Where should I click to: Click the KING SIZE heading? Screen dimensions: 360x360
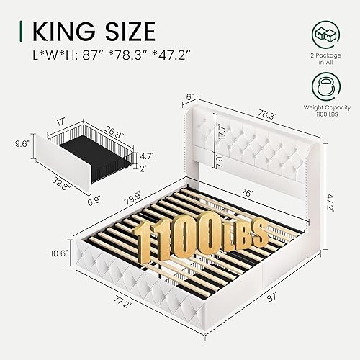pyautogui.click(x=92, y=31)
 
